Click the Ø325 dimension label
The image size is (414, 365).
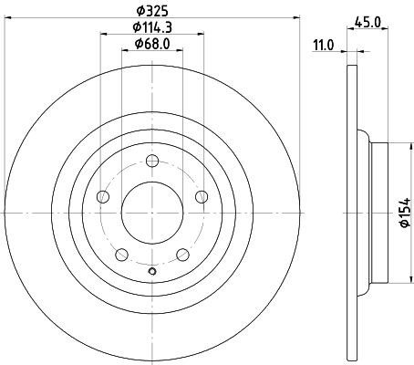coord(152,12)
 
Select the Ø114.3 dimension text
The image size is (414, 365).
coord(152,27)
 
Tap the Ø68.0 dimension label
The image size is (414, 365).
coord(152,44)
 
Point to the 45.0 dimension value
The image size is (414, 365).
coord(367,23)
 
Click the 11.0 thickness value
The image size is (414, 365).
coord(324,46)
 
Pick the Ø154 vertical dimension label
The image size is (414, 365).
coord(405,213)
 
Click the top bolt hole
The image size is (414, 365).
coord(152,161)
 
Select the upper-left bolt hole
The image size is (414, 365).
coord(103,197)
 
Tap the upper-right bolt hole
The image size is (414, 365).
coord(202,197)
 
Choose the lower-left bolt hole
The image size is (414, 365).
coord(121,255)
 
